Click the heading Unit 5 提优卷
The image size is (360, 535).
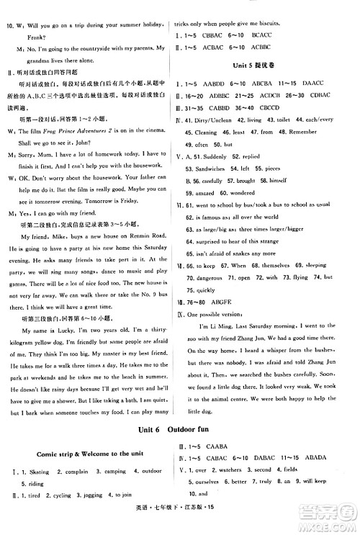[264, 65]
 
